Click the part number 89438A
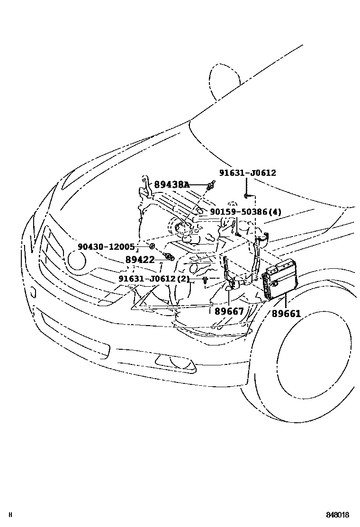click(171, 184)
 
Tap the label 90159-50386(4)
click(245, 212)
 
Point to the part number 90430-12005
click(107, 246)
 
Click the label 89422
click(140, 259)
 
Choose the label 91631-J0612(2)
click(153, 279)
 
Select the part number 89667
click(229, 311)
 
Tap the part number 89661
click(286, 314)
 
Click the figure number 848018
click(337, 515)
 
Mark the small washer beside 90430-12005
click(152, 246)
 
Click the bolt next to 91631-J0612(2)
click(205, 281)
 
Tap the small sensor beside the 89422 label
click(167, 257)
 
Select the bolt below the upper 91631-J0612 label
click(246, 195)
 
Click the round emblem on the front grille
click(76, 260)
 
